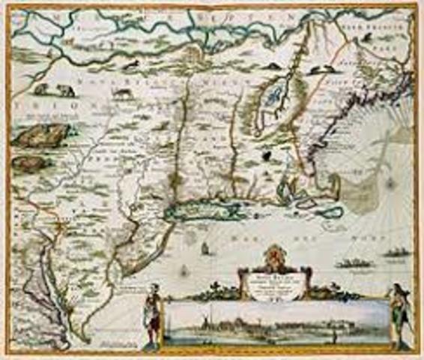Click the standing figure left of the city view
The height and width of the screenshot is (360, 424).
153,307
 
